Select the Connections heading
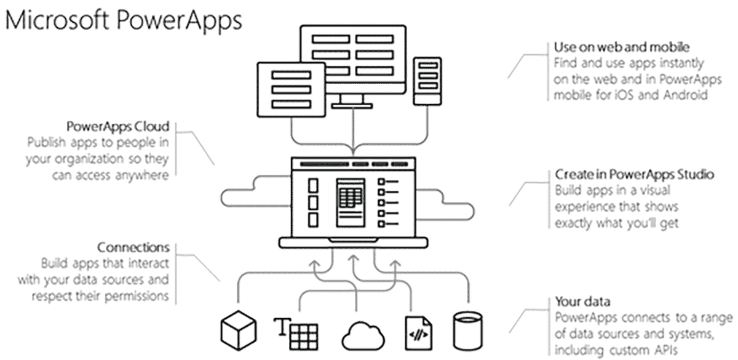pos(133,247)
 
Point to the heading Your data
pos(582,302)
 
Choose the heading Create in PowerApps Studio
pos(634,175)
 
